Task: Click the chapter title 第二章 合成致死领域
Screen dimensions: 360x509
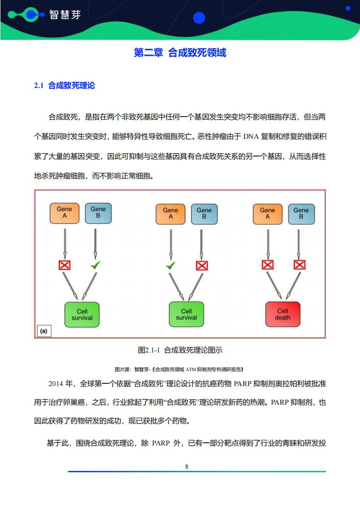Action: point(180,53)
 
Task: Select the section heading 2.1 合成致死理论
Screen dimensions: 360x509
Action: point(64,85)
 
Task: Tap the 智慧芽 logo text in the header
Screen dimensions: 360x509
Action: point(65,15)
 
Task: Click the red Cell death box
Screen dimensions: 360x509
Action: point(283,314)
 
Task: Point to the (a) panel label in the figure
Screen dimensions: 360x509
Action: point(44,331)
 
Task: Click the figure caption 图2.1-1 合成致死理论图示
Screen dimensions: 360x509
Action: point(180,350)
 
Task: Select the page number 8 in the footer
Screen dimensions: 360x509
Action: point(187,466)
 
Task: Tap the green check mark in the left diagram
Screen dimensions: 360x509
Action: point(95,265)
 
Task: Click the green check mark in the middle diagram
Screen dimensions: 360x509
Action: point(171,265)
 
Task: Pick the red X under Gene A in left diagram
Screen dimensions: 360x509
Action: point(64,265)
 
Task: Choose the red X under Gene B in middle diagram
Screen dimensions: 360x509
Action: point(202,266)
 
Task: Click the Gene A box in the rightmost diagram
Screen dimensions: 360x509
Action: point(268,214)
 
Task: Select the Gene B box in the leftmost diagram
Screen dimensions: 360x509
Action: point(98,213)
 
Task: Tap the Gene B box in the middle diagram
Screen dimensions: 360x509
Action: point(204,214)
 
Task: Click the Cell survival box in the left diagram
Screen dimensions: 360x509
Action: point(82,314)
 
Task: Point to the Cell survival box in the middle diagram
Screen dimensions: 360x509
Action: point(187,314)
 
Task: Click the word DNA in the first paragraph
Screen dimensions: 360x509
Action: point(251,137)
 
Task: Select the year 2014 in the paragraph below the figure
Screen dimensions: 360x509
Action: point(56,384)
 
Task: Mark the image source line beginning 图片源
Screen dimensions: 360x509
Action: point(179,369)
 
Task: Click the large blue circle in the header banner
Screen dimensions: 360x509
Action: point(199,18)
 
